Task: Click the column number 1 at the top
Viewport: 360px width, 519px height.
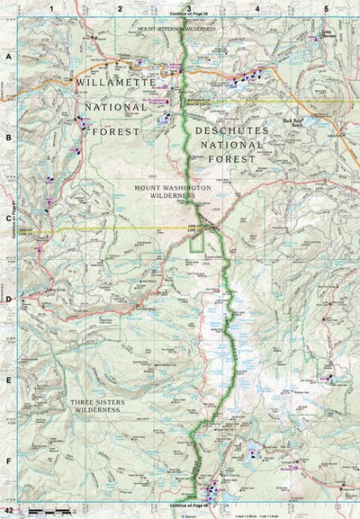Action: coord(52,7)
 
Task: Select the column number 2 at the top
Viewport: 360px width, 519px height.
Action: coord(120,7)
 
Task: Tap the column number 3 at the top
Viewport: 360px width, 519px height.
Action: coord(188,7)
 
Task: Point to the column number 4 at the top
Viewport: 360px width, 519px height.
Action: coord(257,7)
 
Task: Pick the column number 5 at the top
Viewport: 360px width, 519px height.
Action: coord(325,7)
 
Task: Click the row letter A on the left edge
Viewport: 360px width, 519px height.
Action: coord(7,56)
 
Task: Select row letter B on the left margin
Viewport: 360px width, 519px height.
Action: coord(7,138)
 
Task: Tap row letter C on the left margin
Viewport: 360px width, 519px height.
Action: coord(7,218)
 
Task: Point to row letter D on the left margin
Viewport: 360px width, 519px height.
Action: coord(7,300)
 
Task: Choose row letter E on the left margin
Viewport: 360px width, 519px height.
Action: coord(7,380)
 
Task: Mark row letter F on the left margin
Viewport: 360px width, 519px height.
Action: coord(7,461)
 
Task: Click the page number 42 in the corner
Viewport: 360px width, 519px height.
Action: coord(8,512)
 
